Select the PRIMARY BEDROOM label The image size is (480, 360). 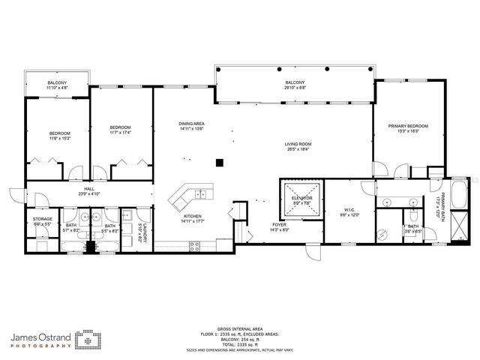point(408,126)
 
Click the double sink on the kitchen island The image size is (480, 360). point(200,194)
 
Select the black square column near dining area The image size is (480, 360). point(219,161)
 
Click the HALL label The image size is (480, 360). point(88,189)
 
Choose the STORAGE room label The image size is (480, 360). point(42,219)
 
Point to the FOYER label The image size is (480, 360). point(278,224)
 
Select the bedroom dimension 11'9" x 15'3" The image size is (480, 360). point(59,138)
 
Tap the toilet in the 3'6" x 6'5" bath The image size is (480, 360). point(413,216)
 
